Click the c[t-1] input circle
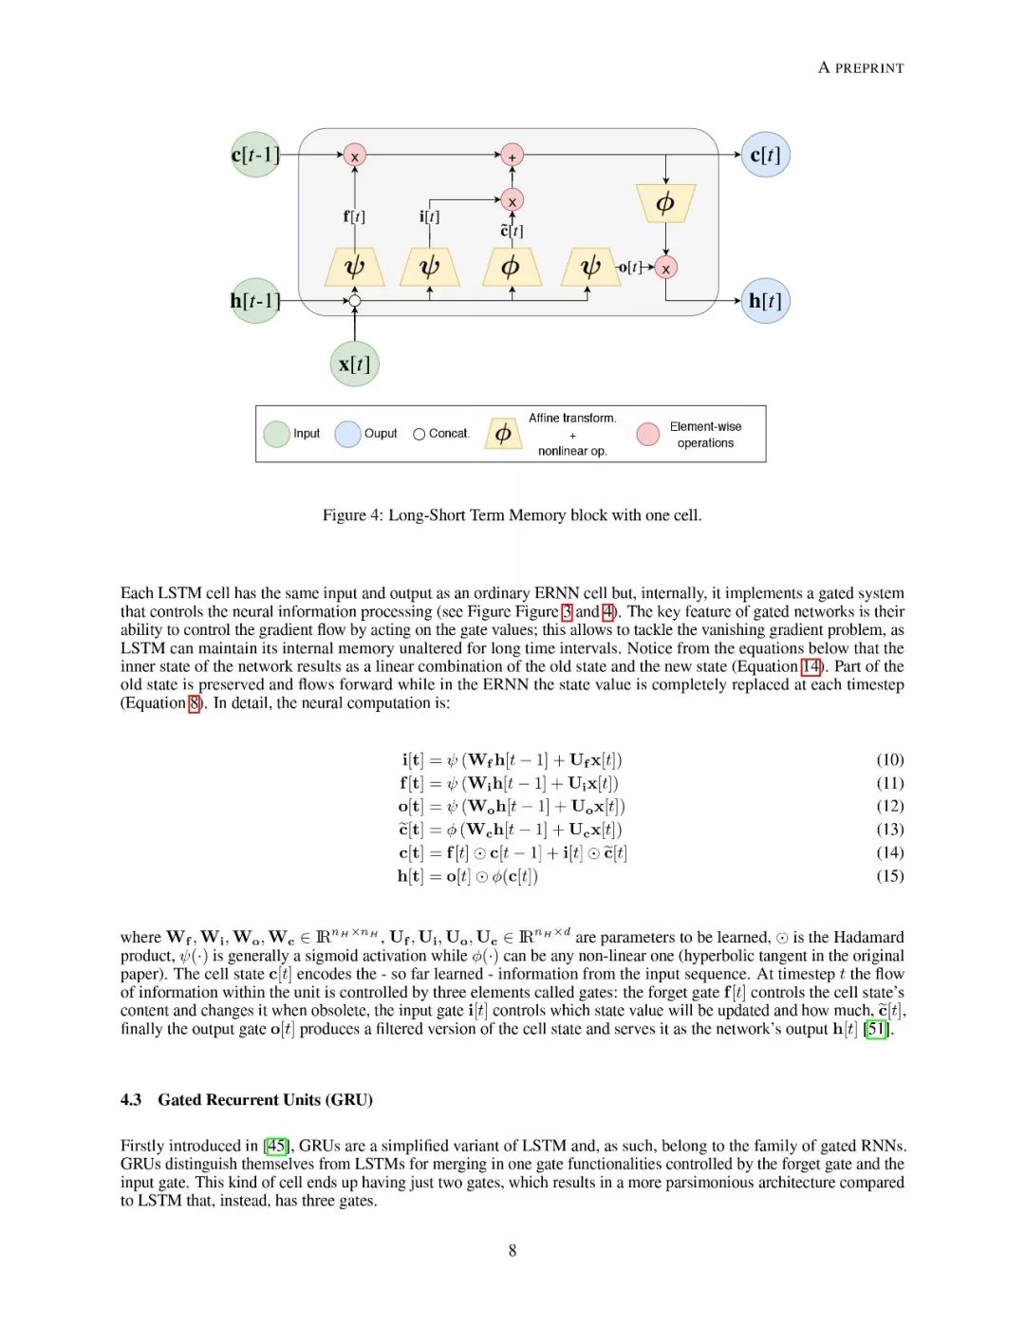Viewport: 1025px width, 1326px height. pyautogui.click(x=255, y=155)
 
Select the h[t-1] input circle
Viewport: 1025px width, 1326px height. pyautogui.click(x=255, y=301)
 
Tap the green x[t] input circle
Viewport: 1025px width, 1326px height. pyautogui.click(x=354, y=364)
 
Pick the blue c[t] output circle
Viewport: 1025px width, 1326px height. pyautogui.click(x=765, y=155)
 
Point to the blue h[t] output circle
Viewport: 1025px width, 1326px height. pyautogui.click(x=765, y=301)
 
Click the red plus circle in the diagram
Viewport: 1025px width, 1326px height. pyautogui.click(x=512, y=156)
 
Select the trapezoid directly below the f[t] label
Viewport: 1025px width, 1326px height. pyautogui.click(x=354, y=267)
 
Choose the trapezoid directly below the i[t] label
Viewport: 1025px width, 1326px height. pyautogui.click(x=430, y=267)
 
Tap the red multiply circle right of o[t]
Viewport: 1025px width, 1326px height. pyautogui.click(x=666, y=269)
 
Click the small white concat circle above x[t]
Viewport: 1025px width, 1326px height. pyautogui.click(x=354, y=302)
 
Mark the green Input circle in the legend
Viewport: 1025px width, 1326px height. pyautogui.click(x=276, y=434)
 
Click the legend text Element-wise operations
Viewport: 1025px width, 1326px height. pyautogui.click(x=705, y=435)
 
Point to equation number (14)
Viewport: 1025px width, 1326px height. pyautogui.click(x=889, y=852)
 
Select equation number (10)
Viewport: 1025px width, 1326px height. pyautogui.click(x=889, y=759)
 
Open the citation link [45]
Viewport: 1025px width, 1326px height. pyautogui.click(x=276, y=1146)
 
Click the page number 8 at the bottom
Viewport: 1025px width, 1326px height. pyautogui.click(x=512, y=1250)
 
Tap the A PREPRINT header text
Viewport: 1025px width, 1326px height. pyautogui.click(x=861, y=67)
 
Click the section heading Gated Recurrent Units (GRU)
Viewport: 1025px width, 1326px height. pyautogui.click(x=265, y=1099)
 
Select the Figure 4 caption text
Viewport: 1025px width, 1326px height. pyautogui.click(x=512, y=514)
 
